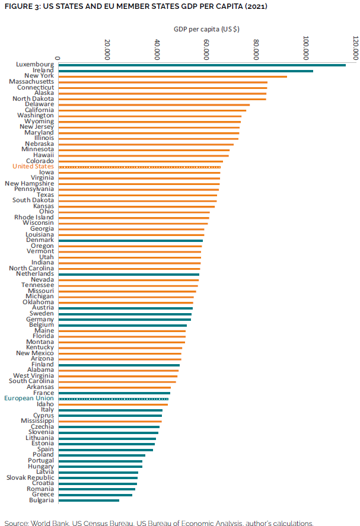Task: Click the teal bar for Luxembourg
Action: pyautogui.click(x=202, y=65)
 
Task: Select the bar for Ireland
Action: pyautogui.click(x=185, y=71)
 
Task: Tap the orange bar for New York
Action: pyautogui.click(x=172, y=76)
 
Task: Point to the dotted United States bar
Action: pyautogui.click(x=139, y=167)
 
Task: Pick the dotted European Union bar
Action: pyautogui.click(x=113, y=399)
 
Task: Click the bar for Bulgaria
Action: pyautogui.click(x=88, y=501)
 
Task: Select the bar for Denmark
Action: pyautogui.click(x=130, y=240)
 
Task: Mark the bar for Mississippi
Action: pyautogui.click(x=110, y=421)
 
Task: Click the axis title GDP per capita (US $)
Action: pyautogui.click(x=207, y=28)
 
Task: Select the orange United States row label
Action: pyautogui.click(x=33, y=167)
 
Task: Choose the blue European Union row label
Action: pyautogui.click(x=29, y=399)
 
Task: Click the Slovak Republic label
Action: pyautogui.click(x=30, y=478)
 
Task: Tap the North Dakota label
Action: pyautogui.click(x=33, y=99)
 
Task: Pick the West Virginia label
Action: pyautogui.click(x=34, y=376)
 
